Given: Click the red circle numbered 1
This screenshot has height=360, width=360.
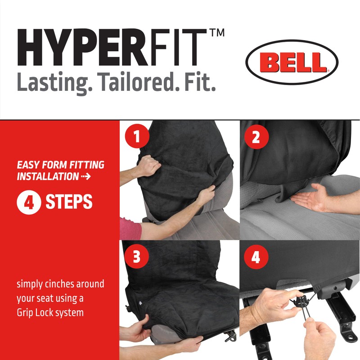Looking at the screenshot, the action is [x=137, y=136].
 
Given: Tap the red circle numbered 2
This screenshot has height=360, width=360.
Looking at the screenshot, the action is [x=256, y=137].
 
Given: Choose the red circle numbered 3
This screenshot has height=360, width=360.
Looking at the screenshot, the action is [x=137, y=256].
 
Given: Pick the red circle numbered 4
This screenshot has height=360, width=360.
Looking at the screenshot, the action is [x=256, y=256].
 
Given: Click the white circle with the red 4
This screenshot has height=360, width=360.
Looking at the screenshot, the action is [x=29, y=202].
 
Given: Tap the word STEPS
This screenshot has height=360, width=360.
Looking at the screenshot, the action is [x=69, y=202].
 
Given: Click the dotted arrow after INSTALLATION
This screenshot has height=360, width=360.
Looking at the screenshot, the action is [x=86, y=176].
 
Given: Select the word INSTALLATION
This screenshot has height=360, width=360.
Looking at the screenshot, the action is [x=48, y=176].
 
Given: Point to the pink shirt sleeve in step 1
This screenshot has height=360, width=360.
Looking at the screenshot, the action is [x=130, y=229].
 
